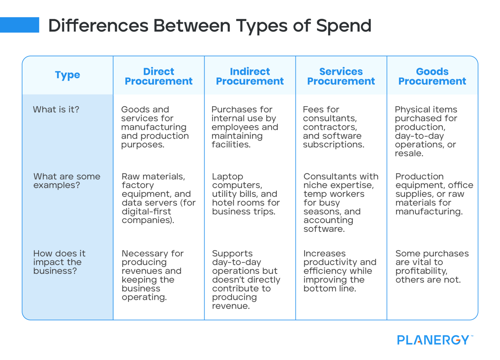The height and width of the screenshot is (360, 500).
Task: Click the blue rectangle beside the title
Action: click(20, 25)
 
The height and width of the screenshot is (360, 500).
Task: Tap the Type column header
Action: click(67, 75)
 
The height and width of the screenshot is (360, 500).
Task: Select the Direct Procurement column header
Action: click(159, 76)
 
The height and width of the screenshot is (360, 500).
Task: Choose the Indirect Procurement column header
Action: click(250, 76)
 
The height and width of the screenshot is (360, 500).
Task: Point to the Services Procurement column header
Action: click(341, 76)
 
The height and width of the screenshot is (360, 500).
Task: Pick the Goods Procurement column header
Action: click(432, 76)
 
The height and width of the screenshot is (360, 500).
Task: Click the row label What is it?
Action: click(56, 110)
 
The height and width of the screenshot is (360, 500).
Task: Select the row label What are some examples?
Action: click(67, 181)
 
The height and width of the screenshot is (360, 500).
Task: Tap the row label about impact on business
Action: click(59, 262)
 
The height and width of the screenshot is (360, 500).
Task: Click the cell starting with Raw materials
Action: click(158, 198)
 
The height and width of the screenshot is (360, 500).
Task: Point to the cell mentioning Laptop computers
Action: click(246, 194)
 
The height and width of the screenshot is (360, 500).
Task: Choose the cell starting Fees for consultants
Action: click(333, 127)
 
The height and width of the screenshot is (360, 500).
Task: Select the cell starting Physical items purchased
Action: click(426, 131)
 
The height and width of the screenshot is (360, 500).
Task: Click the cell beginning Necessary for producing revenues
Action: click(152, 275)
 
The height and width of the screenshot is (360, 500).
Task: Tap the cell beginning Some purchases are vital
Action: click(432, 267)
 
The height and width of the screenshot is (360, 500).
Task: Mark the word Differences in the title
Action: click(99, 26)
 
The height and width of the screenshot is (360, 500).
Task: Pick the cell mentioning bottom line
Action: click(340, 271)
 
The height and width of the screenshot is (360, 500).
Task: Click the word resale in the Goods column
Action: click(409, 153)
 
